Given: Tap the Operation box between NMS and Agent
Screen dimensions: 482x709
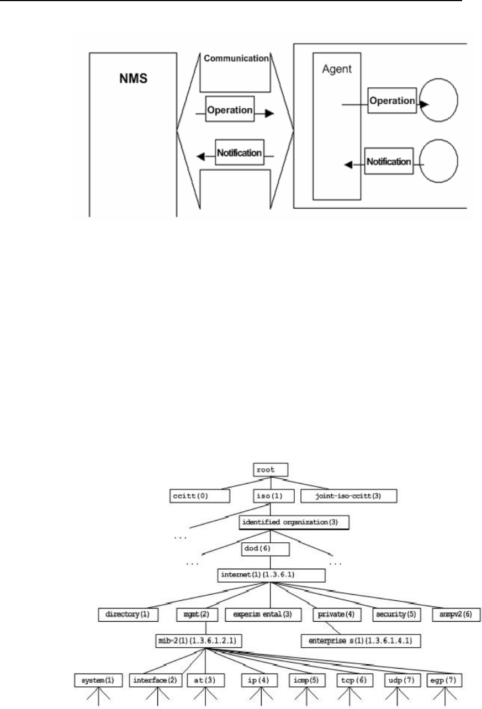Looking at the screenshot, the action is click(x=230, y=110).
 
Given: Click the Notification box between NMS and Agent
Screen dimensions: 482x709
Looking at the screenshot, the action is click(x=239, y=152).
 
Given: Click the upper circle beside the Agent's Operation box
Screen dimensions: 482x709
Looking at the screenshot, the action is click(x=440, y=103).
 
